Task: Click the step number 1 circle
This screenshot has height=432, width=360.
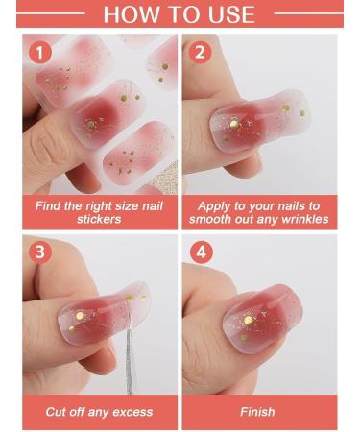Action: coord(39,53)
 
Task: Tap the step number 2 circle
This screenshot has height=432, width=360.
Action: coord(200,53)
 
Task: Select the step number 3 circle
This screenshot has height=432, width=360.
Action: coord(39,252)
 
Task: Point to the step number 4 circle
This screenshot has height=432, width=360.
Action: coord(200,252)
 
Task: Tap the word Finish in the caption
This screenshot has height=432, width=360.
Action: coord(258,412)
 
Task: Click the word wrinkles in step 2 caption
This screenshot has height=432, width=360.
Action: coord(300,220)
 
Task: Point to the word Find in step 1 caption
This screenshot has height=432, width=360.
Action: coord(49,206)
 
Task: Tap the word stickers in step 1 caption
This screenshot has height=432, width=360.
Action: coord(99,220)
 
